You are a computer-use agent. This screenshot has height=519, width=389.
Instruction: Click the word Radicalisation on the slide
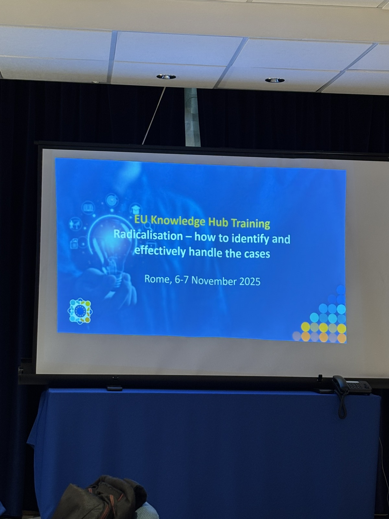pos(148,235)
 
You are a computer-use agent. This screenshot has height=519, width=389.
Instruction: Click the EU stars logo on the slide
pos(80,311)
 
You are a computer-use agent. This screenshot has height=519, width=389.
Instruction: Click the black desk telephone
pos(352,384)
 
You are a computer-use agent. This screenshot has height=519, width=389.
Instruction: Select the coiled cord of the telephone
pos(342,404)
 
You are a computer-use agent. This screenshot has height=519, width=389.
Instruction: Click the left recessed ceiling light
pos(166,76)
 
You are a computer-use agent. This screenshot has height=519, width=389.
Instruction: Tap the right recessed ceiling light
pos(275,80)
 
